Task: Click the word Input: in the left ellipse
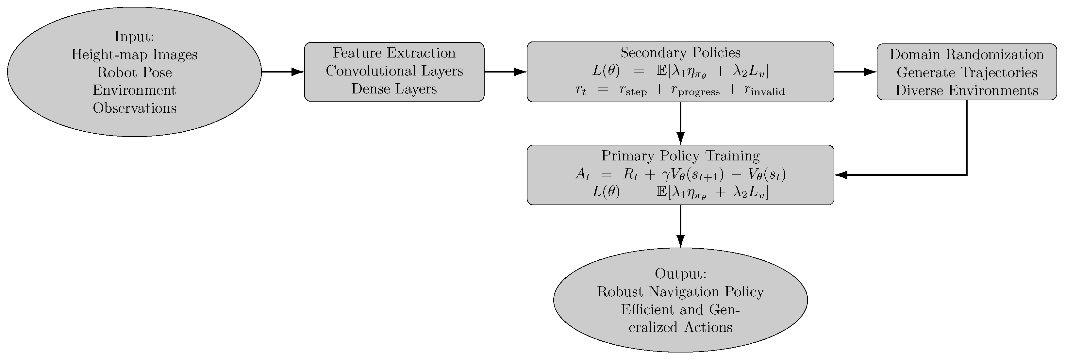134,37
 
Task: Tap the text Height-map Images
134,55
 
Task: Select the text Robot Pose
134,72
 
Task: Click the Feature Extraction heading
394,53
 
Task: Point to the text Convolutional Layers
394,71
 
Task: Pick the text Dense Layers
394,89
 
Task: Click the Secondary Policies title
680,53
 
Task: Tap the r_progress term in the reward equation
695,90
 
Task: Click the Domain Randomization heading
967,55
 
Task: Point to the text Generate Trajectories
967,72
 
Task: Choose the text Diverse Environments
967,90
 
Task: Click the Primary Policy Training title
680,156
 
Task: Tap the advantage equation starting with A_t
680,175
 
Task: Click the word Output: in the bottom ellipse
680,274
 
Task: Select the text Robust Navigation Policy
680,292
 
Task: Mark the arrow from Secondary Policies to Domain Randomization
855,72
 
